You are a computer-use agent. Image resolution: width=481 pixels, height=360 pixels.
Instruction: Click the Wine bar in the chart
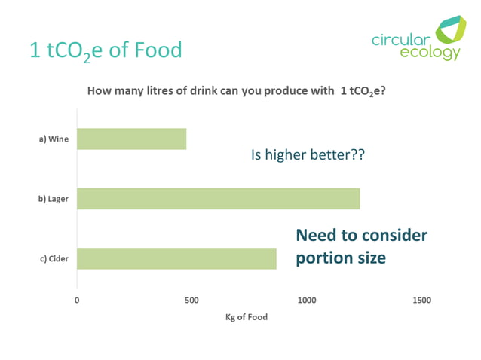131,139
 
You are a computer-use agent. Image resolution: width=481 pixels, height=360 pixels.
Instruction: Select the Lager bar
218,199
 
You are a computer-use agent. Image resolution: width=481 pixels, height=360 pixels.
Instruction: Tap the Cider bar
176,258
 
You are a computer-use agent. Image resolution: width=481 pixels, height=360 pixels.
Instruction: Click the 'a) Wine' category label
53,139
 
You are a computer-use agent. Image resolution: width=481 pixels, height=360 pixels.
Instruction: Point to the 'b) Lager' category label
51,199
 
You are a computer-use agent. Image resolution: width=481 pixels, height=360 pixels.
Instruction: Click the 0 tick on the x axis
77,300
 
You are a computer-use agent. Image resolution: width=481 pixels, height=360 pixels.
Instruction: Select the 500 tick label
191,300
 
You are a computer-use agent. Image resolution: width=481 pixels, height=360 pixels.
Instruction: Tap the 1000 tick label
306,300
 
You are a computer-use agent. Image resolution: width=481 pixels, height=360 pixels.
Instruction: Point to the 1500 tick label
421,300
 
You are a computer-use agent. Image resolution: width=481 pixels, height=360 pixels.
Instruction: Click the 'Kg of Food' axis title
246,317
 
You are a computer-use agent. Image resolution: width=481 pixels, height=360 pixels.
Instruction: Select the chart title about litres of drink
237,92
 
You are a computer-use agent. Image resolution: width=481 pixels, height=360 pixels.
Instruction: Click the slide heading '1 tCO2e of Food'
106,50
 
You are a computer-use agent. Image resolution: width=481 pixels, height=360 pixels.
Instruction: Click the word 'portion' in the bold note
323,258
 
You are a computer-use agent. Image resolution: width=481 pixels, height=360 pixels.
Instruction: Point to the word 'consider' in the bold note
394,236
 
